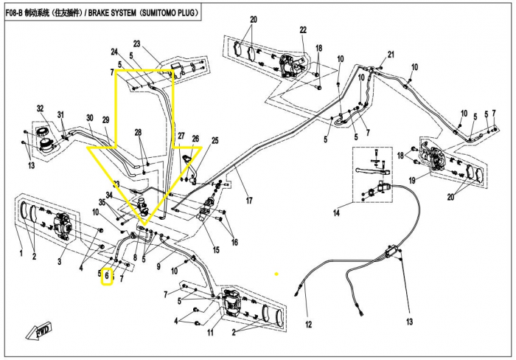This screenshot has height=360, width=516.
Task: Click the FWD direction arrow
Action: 38,331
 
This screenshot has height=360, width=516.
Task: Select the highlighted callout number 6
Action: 107,276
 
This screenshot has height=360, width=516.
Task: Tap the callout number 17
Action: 249,200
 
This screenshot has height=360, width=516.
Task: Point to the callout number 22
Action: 303,30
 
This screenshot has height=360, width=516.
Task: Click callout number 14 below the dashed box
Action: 336,212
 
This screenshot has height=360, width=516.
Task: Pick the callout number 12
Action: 308,325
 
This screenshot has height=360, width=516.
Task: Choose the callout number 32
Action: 40,108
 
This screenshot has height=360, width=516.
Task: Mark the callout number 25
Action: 215,141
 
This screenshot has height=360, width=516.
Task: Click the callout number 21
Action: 391,55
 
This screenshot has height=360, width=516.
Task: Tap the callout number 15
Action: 216,249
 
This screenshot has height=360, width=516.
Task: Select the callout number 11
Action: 210,332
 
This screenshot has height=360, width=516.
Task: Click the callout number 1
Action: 21,253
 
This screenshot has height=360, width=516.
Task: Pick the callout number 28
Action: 139,132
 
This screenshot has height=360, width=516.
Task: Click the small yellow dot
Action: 276,274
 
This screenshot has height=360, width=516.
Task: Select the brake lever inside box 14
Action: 372,170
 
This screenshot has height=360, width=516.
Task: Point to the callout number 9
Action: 158,266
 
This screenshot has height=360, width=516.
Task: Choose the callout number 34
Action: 109,195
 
